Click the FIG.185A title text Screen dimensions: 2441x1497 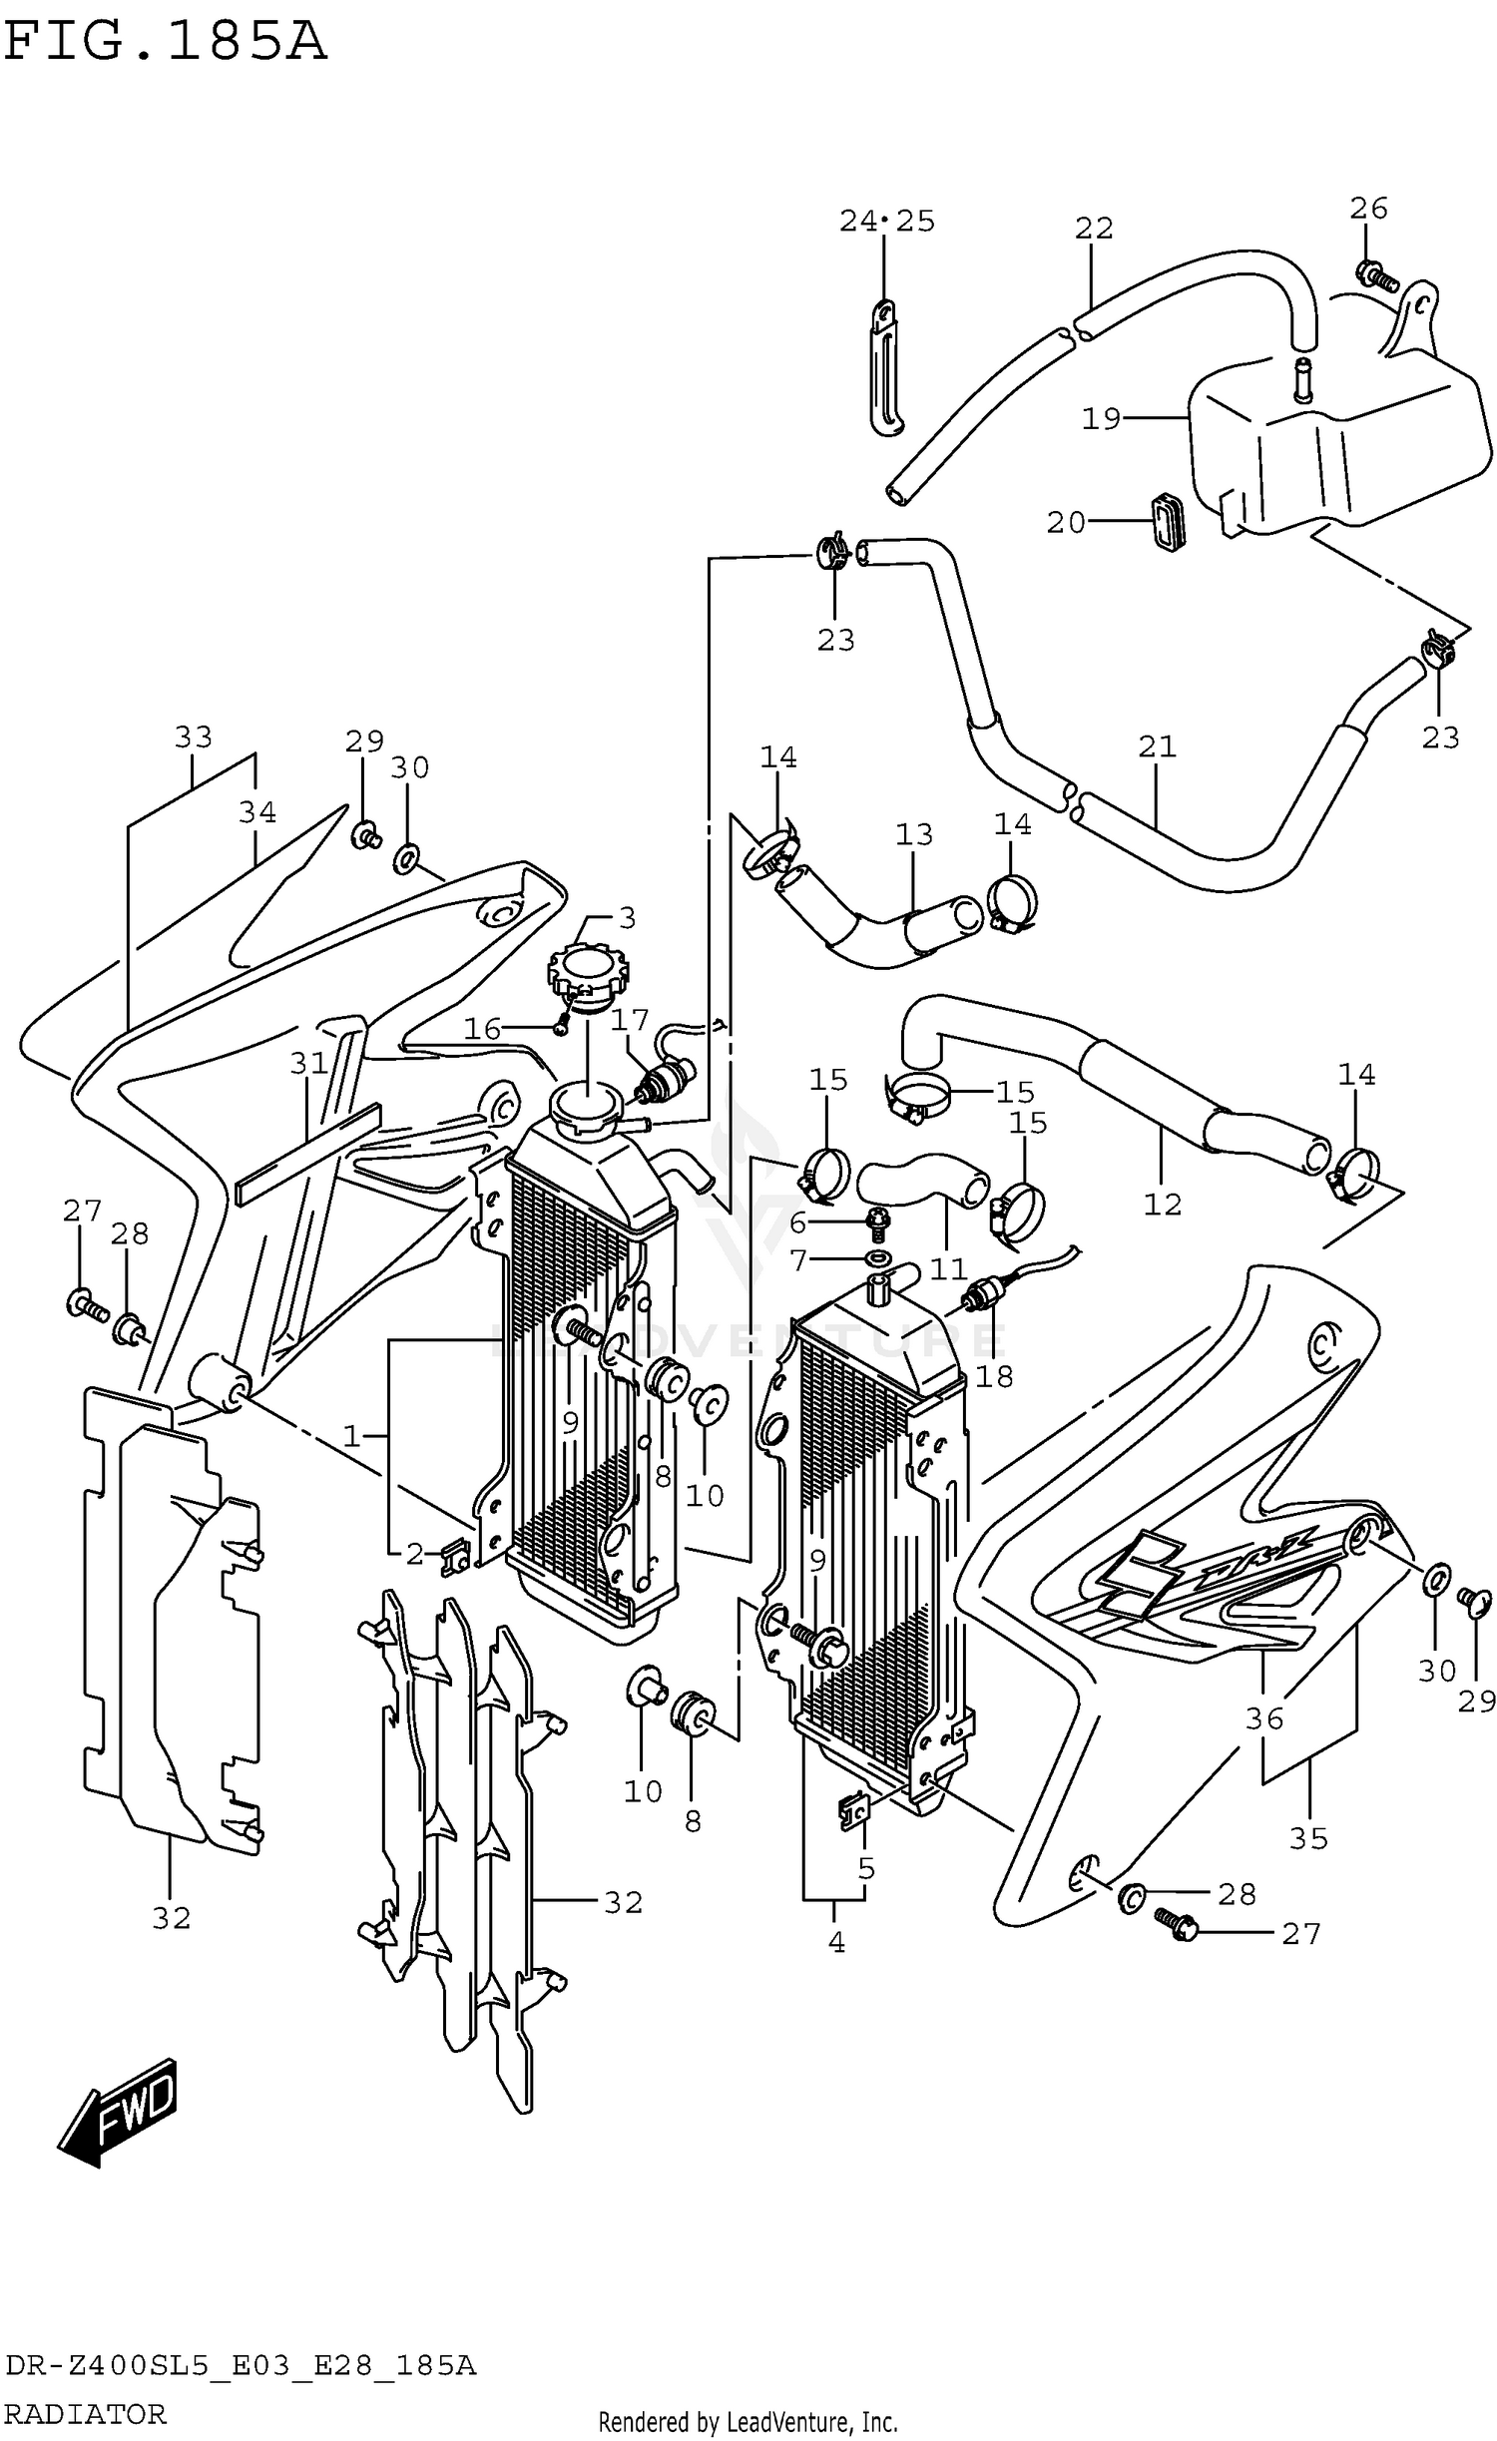(x=165, y=42)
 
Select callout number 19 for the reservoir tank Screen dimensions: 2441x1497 (x=1101, y=418)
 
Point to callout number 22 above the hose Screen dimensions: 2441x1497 (x=1093, y=229)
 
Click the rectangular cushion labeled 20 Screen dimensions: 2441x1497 (x=1168, y=520)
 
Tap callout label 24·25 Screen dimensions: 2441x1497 (x=886, y=221)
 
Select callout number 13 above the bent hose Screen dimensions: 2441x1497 (x=913, y=834)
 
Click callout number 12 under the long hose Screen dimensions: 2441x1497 (x=1162, y=1205)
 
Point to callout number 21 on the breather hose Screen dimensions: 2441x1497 (x=1157, y=745)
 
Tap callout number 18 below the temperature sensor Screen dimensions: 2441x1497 (x=994, y=1376)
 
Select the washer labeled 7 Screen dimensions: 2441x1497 (x=878, y=1260)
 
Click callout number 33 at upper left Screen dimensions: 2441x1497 (x=193, y=736)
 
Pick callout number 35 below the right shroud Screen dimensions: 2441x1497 (x=1307, y=1837)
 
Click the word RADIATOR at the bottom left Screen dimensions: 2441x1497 (x=86, y=2414)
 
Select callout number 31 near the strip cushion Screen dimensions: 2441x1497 (x=308, y=1064)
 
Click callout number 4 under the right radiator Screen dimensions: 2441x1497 (x=836, y=1942)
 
